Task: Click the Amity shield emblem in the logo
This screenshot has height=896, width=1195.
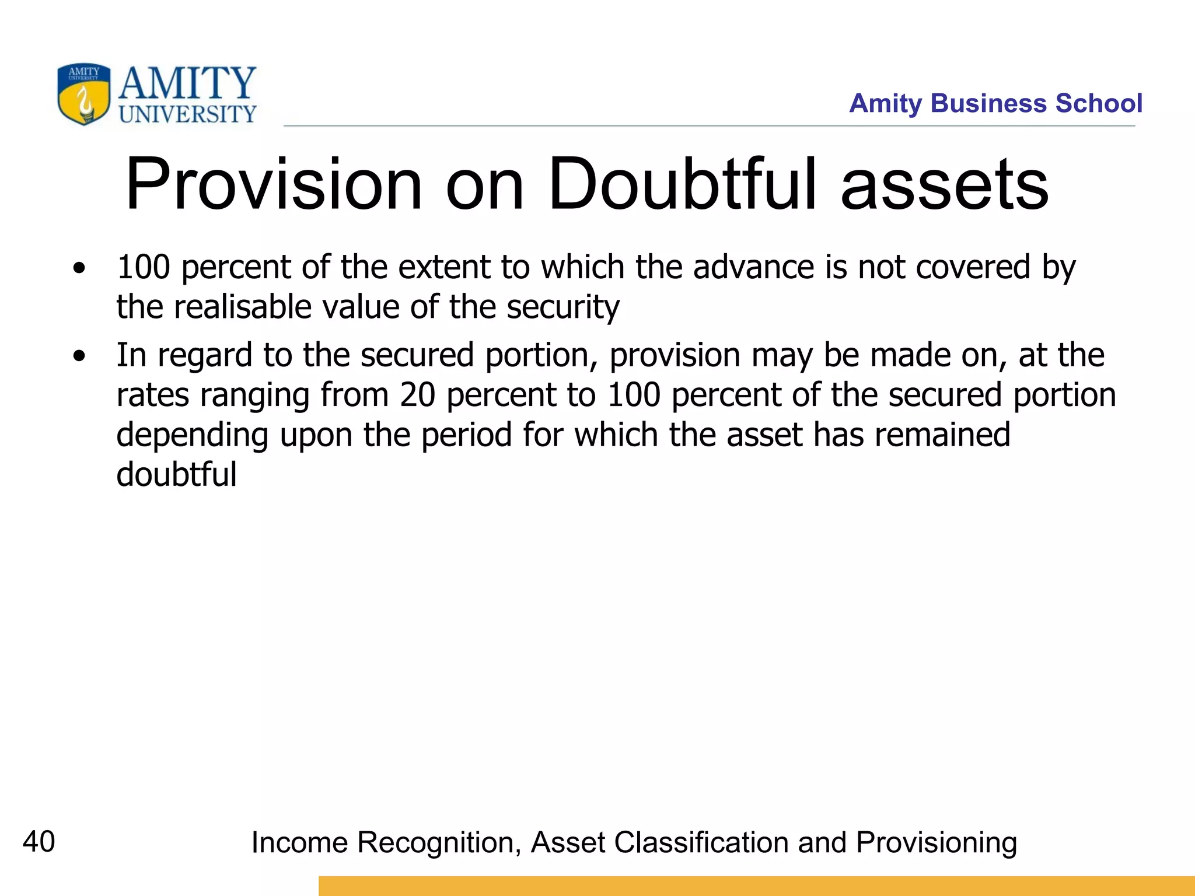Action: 83,94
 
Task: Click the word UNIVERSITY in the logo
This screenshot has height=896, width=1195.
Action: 187,114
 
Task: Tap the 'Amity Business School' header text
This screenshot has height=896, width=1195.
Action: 995,103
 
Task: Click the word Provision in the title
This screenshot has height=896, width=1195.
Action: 274,184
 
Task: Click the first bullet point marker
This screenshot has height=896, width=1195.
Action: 79,269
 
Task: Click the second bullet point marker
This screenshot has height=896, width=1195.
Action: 79,356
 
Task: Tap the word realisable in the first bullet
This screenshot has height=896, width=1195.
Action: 242,307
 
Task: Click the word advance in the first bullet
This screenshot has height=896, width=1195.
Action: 753,267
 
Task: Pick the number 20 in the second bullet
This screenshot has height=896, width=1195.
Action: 418,395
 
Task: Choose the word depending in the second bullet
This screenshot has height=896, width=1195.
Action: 192,436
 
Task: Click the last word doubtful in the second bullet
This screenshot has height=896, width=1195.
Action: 176,474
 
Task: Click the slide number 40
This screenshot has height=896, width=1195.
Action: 39,842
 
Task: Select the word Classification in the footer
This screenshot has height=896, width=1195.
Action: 700,843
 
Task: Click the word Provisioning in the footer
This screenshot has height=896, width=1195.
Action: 937,843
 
